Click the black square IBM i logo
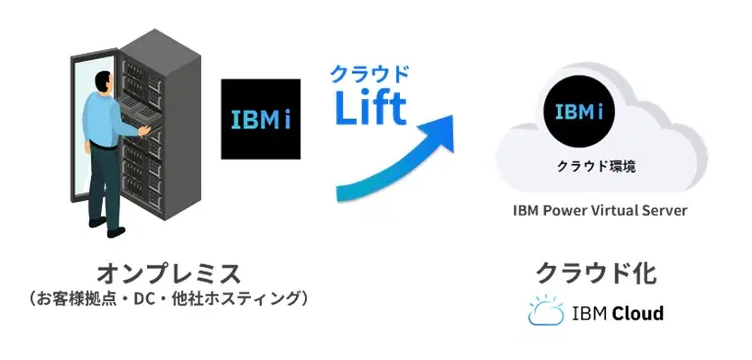tap(260, 119)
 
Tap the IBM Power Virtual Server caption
tap(599, 211)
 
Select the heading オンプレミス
tap(168, 273)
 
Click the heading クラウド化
tap(595, 273)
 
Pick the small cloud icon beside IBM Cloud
tap(545, 313)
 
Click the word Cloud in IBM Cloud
tap(637, 314)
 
